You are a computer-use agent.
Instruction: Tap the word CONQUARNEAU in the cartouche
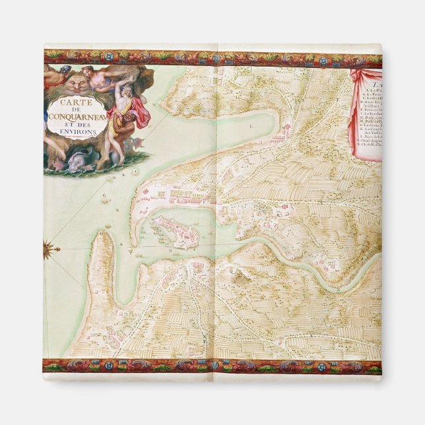(74, 118)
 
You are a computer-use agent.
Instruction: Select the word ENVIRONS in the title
(81, 132)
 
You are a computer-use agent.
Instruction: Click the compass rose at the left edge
(48, 249)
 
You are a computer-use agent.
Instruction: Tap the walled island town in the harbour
(173, 232)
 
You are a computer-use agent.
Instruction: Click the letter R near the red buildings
(280, 214)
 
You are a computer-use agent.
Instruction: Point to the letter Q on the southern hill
(232, 271)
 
